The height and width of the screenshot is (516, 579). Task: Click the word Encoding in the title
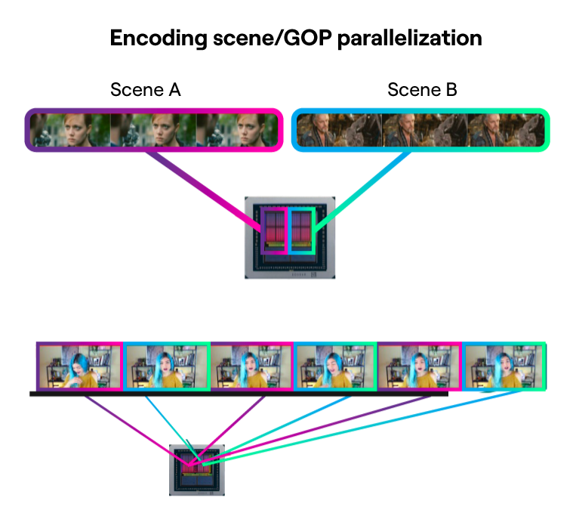(x=159, y=39)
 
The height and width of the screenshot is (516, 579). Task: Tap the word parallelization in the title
(x=409, y=39)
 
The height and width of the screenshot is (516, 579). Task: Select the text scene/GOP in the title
(x=273, y=38)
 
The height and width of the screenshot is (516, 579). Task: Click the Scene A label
(x=146, y=90)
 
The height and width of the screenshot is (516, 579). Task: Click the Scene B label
(x=422, y=90)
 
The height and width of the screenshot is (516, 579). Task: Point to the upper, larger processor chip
(x=290, y=238)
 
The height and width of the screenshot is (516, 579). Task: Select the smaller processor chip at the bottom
(x=197, y=470)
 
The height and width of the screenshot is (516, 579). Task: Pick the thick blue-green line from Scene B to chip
(x=362, y=190)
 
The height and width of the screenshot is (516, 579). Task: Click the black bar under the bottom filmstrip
(x=239, y=394)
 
